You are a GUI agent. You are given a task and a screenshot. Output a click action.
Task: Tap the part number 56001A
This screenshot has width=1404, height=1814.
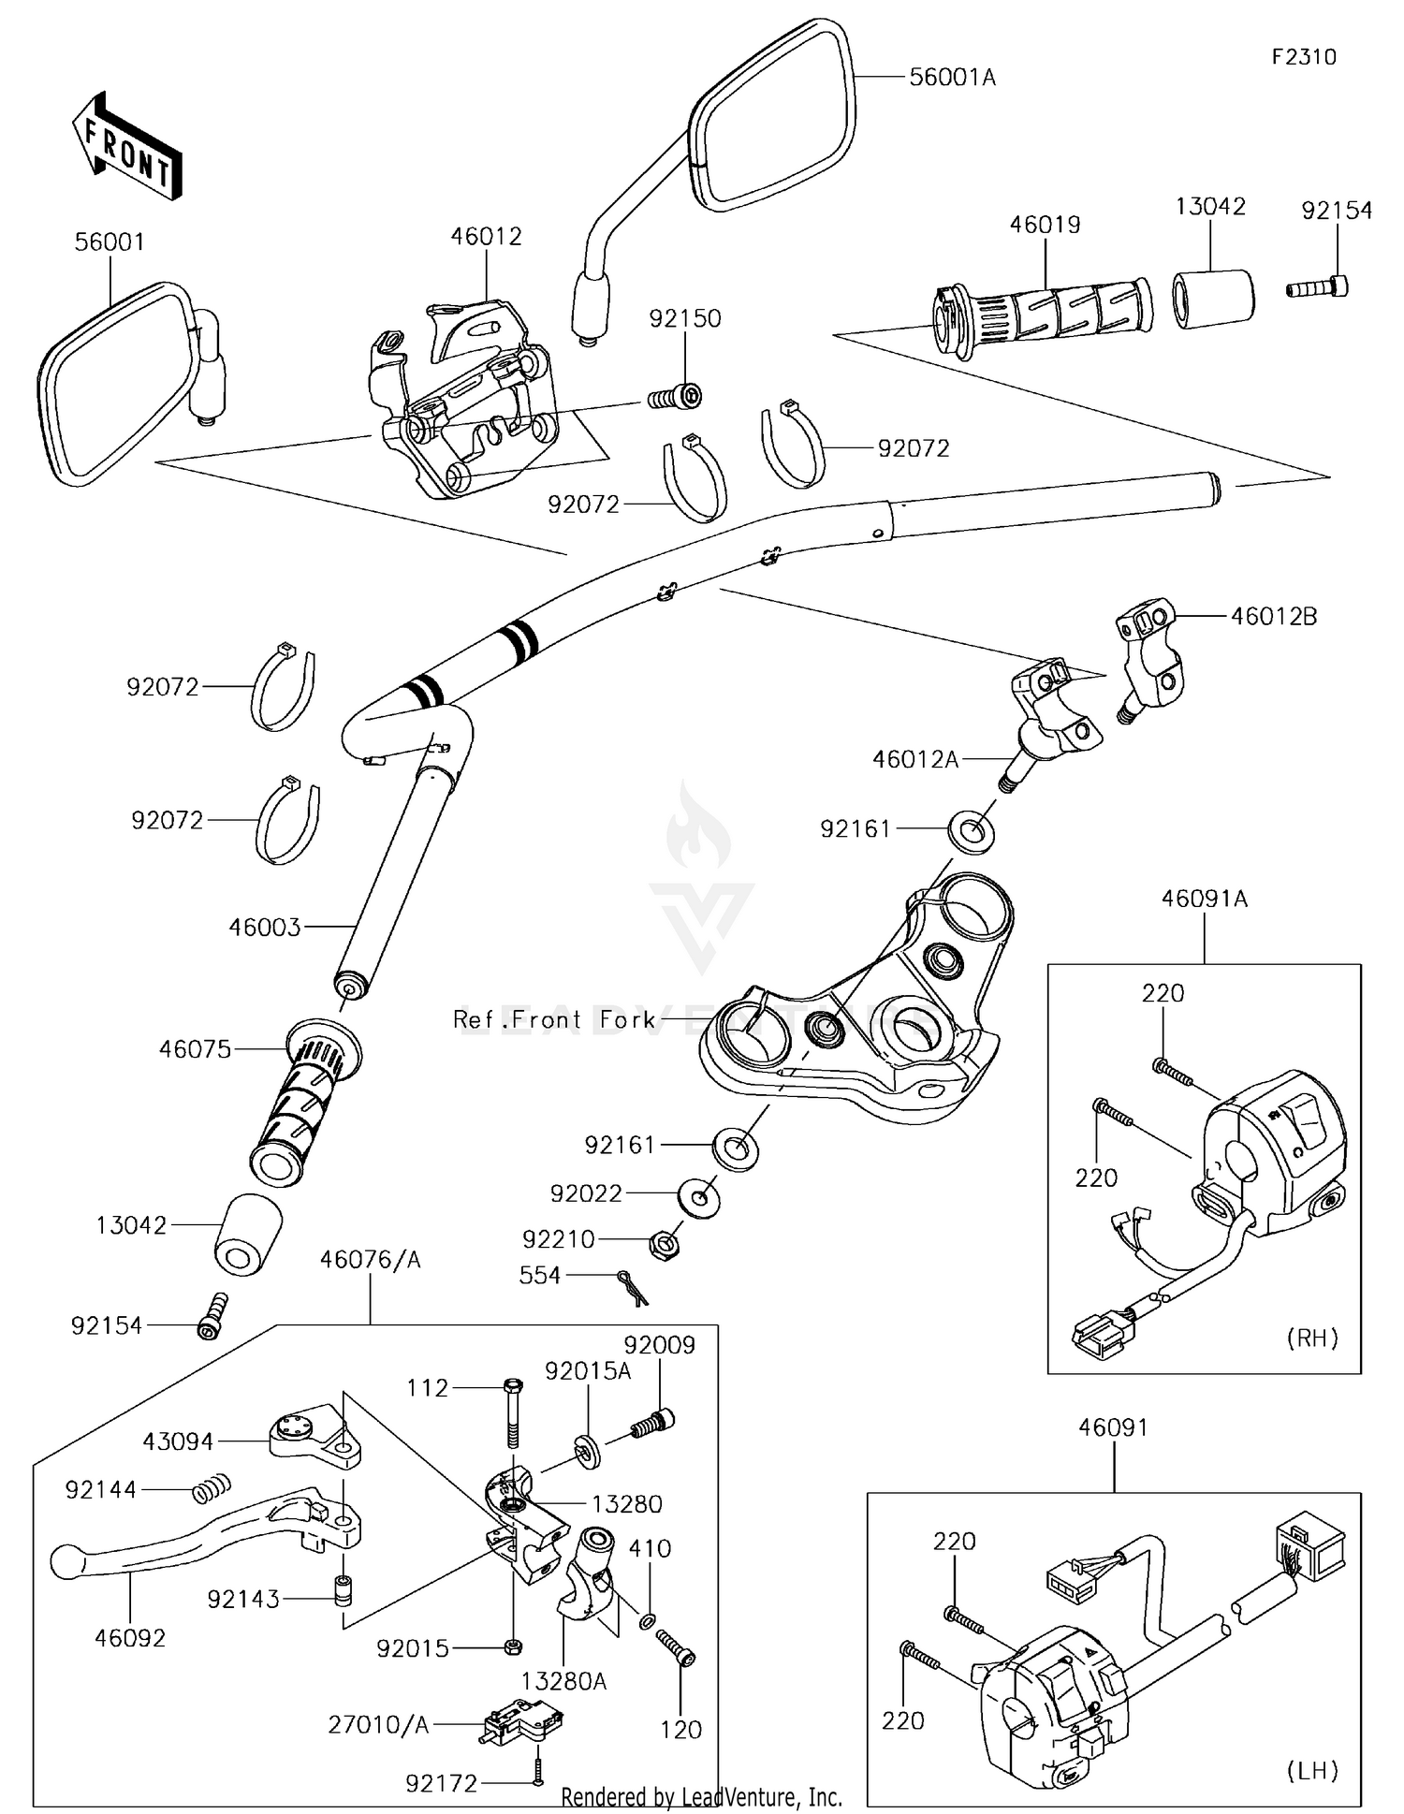tap(952, 78)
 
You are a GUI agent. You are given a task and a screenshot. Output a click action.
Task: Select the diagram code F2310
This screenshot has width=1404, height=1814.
tap(1304, 57)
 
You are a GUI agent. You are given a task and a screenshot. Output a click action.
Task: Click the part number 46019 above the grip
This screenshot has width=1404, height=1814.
tap(1045, 225)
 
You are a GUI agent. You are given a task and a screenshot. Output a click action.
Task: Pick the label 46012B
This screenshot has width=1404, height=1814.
tap(1273, 617)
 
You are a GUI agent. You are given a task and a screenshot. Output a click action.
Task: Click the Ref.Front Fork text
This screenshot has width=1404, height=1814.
tap(554, 1019)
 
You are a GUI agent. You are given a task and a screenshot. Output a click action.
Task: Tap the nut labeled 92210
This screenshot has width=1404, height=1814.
tap(664, 1244)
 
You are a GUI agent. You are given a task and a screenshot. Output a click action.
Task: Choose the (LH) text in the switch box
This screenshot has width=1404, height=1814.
tap(1312, 1770)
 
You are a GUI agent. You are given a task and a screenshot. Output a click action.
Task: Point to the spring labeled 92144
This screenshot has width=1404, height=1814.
tap(212, 1487)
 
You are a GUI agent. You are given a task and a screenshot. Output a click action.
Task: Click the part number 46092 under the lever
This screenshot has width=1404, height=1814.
tap(130, 1637)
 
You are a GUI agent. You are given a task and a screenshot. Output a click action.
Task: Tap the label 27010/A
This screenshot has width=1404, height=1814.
tap(378, 1724)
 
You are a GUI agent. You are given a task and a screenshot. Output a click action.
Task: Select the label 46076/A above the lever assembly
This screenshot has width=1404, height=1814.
tap(371, 1260)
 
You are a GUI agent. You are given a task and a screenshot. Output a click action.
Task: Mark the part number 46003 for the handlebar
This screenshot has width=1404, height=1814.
tap(265, 928)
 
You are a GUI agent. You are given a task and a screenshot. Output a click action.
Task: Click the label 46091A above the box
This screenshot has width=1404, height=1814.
tap(1204, 900)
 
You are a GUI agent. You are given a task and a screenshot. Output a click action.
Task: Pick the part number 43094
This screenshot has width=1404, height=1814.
tap(178, 1441)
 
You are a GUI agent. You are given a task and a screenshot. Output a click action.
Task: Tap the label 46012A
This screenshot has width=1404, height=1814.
tap(914, 759)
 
